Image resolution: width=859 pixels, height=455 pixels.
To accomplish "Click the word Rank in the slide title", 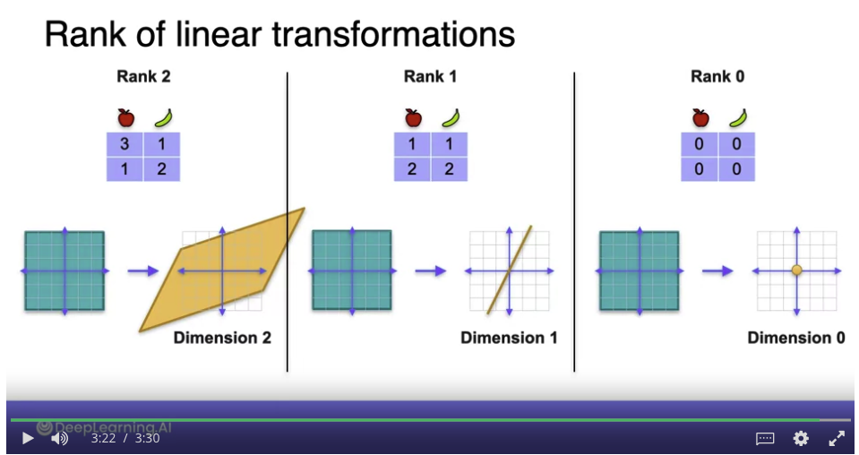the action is (87, 34).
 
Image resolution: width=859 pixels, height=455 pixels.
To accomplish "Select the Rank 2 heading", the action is (143, 77).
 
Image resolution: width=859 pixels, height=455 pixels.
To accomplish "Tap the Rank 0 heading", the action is (717, 77).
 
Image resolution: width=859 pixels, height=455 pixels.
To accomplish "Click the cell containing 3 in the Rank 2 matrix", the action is (125, 144).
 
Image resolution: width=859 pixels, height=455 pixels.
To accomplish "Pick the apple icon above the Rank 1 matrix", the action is (413, 117).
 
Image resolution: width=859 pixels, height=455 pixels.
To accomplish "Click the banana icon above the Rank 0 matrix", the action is (738, 117).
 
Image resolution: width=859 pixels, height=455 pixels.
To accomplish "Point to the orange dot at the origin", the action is (796, 270).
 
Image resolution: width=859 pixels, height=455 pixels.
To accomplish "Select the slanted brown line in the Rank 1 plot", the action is (510, 270).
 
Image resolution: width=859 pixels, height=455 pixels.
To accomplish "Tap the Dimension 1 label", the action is (509, 338).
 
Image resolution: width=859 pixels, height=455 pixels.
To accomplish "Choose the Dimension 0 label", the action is (796, 338).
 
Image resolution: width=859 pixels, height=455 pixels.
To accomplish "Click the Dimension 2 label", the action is (222, 338).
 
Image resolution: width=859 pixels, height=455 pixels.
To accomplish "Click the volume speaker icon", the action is (59, 438).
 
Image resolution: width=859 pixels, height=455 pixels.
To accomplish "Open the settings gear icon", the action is (801, 438).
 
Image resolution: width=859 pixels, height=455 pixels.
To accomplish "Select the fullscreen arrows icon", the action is (837, 438).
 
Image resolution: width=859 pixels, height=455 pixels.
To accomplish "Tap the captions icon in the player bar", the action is (765, 438).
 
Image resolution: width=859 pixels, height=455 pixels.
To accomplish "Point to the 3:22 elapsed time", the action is (103, 438).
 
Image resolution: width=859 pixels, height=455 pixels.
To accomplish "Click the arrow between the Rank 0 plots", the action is (717, 270).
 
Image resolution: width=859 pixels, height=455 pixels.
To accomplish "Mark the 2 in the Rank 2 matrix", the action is (161, 168).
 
